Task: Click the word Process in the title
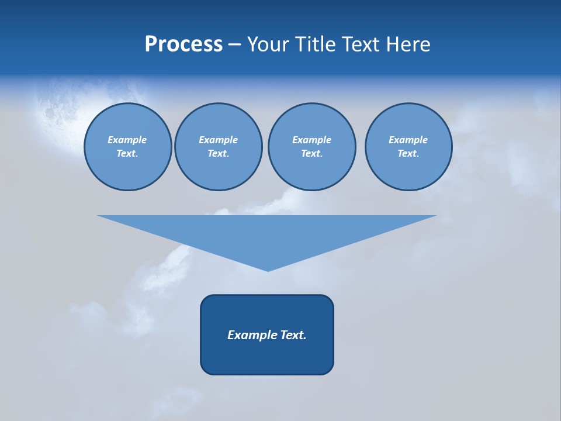pyautogui.click(x=183, y=44)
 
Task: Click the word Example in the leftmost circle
pyautogui.click(x=127, y=140)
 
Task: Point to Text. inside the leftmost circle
pyautogui.click(x=127, y=154)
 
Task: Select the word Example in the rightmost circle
pyautogui.click(x=408, y=140)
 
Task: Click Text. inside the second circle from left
pyautogui.click(x=218, y=154)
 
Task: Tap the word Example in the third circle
pyautogui.click(x=311, y=140)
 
